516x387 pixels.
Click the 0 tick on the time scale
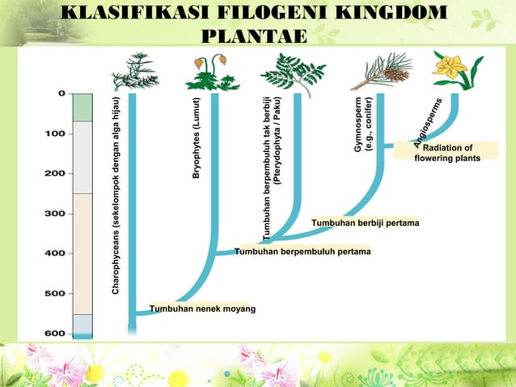pos(61,93)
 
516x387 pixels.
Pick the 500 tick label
pos(55,293)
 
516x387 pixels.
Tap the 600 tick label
pos(55,333)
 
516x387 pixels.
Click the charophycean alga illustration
pos(134,72)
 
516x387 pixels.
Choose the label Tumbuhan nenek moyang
pos(202,308)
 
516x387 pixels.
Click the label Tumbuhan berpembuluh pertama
pos(302,252)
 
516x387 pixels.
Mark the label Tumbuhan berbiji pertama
pos(365,223)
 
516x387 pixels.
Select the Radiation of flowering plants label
pos(447,152)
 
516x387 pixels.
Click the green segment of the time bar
pos(82,107)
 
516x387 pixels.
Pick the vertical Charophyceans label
pos(117,194)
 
